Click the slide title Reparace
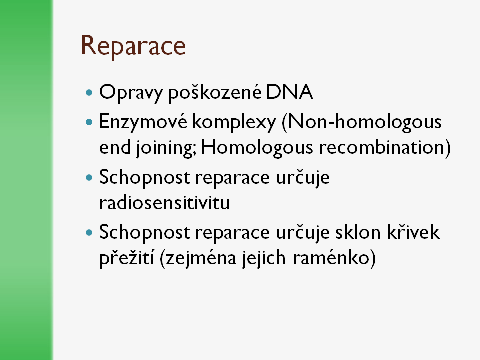133,46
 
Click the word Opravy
130,93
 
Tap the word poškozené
215,92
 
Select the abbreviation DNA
289,92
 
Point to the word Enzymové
143,122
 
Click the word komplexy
234,122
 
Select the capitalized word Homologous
257,147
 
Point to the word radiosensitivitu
164,202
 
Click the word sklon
358,232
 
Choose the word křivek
413,232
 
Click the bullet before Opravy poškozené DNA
89,93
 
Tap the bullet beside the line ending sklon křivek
89,233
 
